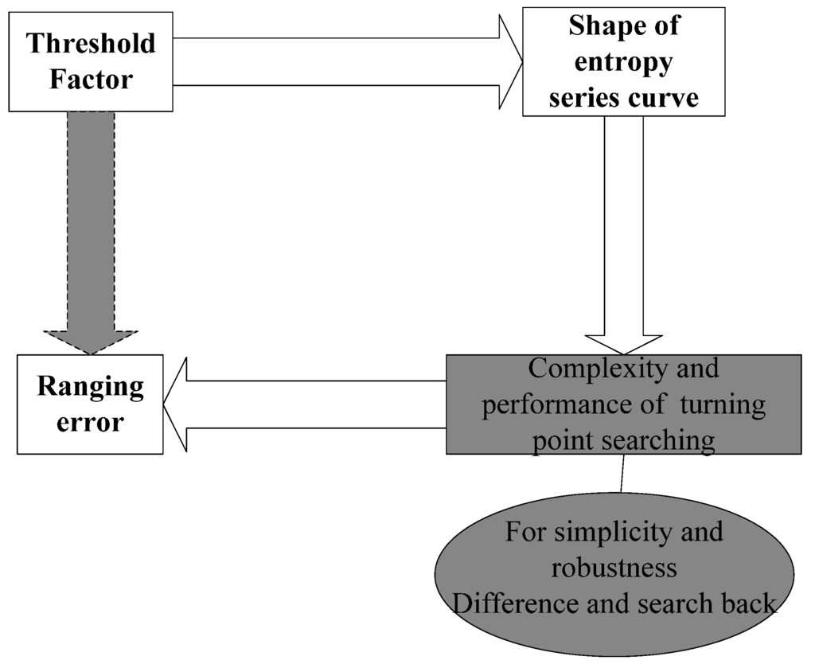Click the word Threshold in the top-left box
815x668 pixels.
pos(92,43)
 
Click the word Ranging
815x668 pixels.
pos(91,387)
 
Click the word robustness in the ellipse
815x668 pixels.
pos(614,568)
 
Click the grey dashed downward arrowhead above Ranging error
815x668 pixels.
pos(90,341)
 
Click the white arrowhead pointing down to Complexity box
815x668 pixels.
pos(623,342)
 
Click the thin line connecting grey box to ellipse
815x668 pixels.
pos(621,475)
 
